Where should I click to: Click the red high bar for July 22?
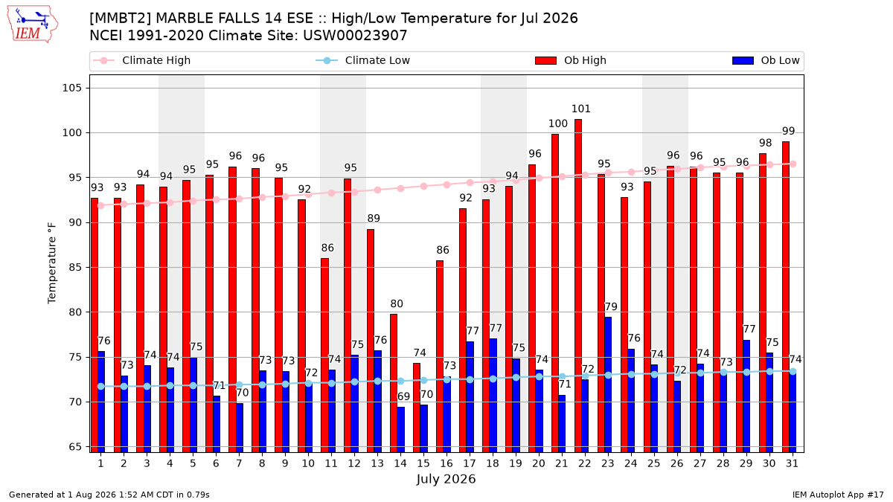578,286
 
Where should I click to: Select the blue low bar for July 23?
608,384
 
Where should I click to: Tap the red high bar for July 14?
394,383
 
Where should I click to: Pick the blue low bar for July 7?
239,428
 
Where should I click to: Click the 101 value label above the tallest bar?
581,109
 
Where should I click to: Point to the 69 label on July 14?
403,396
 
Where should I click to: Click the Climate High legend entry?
142,60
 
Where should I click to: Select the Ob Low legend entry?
766,60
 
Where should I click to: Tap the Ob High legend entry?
571,60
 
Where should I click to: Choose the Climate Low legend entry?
363,60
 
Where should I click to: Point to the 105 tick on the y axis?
71,88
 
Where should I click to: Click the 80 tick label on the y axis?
75,312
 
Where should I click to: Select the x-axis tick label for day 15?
423,463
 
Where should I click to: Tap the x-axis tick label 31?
792,463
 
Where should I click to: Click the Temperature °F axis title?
52,263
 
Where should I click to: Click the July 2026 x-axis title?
446,479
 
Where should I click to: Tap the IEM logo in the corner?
33,25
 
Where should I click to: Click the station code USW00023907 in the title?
355,36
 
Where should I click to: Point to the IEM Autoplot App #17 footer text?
838,495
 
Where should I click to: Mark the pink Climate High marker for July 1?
101,205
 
